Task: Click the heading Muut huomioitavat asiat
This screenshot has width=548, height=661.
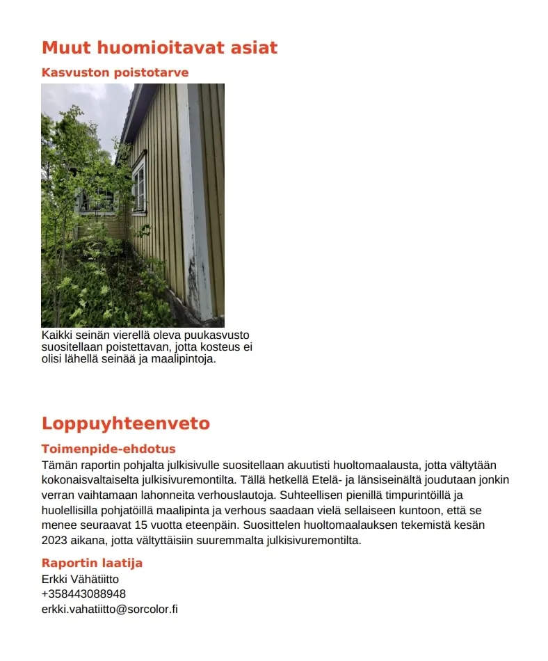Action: [159, 48]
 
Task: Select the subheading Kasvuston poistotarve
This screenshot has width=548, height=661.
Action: [115, 72]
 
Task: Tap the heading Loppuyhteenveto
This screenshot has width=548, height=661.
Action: [125, 424]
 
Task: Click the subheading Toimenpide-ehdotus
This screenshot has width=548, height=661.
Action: [108, 449]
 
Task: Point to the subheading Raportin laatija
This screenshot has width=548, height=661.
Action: [92, 563]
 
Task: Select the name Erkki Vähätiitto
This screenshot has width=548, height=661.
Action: [80, 579]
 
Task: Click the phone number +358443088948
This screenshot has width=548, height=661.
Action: [83, 594]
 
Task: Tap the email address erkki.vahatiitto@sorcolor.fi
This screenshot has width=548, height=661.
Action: [110, 609]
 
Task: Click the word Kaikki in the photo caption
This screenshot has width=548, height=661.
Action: [56, 335]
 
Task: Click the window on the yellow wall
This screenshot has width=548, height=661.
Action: [140, 184]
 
